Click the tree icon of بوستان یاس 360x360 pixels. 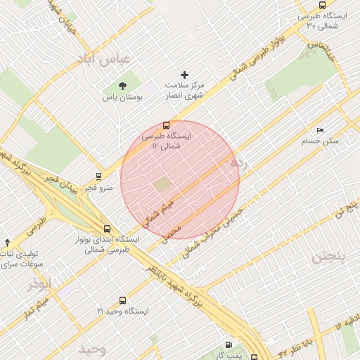123,86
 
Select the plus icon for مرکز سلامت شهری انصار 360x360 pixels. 185,74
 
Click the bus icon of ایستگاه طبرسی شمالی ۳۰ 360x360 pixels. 322,5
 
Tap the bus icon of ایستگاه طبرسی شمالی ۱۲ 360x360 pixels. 166,125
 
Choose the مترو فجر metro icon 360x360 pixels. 99,176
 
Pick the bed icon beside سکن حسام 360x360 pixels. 321,130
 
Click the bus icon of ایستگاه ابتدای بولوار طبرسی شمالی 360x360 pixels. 107,229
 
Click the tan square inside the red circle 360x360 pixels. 162,185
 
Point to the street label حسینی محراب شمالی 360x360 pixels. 212,231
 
